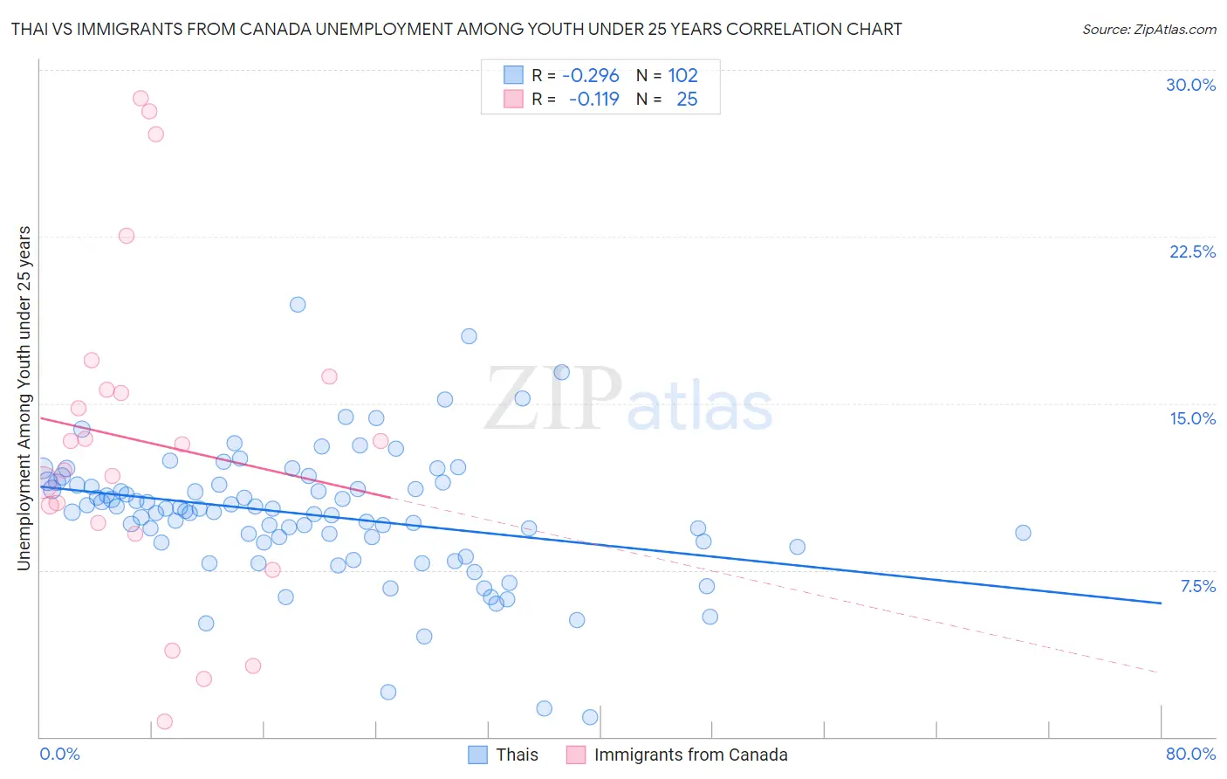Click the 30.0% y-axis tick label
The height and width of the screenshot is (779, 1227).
pos(1190,85)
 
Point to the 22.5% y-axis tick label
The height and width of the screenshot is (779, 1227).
pos(1192,252)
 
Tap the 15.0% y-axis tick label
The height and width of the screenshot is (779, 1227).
pos(1192,418)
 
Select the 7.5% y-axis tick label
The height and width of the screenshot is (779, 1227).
pos(1197,586)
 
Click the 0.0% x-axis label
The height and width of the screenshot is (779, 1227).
pos(59,754)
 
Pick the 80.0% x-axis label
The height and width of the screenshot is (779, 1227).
pos(1190,754)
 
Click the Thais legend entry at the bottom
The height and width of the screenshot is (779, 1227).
pos(517,755)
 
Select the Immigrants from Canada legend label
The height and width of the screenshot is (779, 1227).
pos(690,755)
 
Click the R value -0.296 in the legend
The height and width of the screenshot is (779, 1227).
pos(591,76)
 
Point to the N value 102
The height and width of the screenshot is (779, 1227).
pos(683,76)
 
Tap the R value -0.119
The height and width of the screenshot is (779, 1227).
pos(593,100)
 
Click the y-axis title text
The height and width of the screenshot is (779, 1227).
pos(24,398)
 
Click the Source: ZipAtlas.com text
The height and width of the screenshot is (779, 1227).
pos(1148,30)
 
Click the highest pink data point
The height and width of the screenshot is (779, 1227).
pos(141,99)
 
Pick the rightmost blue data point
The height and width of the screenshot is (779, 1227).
pos(1023,533)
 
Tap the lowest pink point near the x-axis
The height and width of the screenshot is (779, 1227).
pos(164,721)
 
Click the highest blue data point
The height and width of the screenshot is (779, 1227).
pos(298,305)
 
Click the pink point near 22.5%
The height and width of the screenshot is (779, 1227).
pos(127,236)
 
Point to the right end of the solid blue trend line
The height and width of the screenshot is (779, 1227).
pos(1161,603)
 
